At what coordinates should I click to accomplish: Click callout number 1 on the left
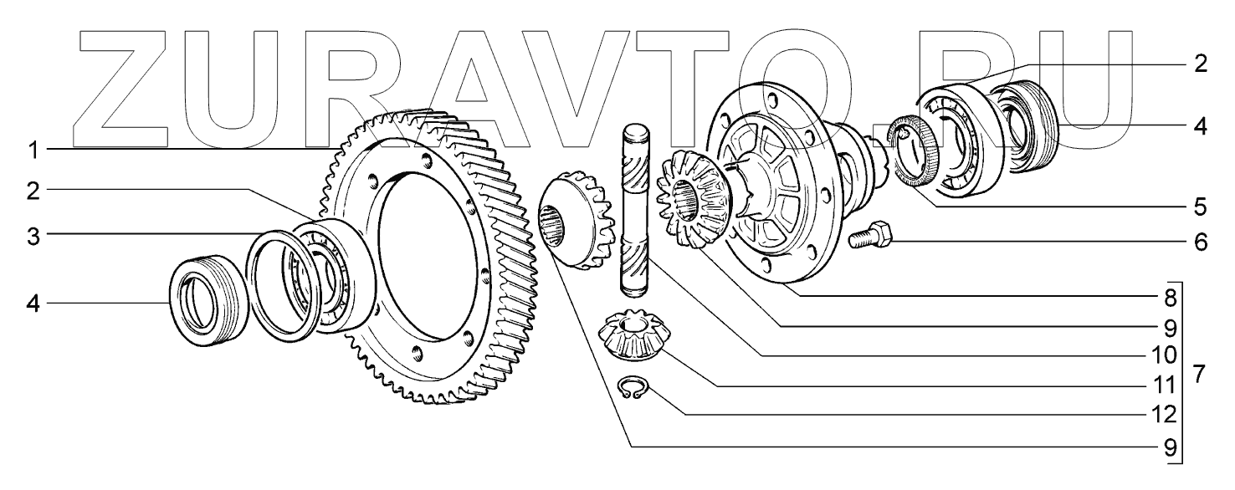[x=32, y=151]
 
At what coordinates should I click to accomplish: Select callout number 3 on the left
[x=32, y=236]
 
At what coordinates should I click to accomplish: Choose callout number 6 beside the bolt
[x=1200, y=243]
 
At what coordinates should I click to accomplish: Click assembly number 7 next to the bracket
[x=1200, y=374]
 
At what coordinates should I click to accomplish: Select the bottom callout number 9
[x=1170, y=446]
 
